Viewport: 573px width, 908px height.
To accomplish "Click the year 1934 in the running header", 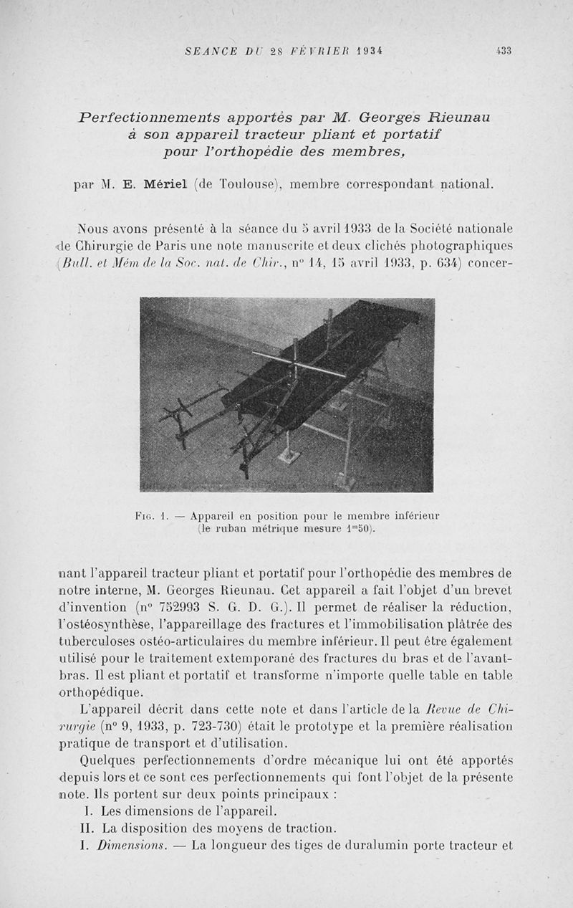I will [x=362, y=51].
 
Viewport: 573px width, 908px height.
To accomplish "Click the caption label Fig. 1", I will [x=146, y=515].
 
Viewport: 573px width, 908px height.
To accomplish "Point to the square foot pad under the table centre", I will [x=289, y=456].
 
